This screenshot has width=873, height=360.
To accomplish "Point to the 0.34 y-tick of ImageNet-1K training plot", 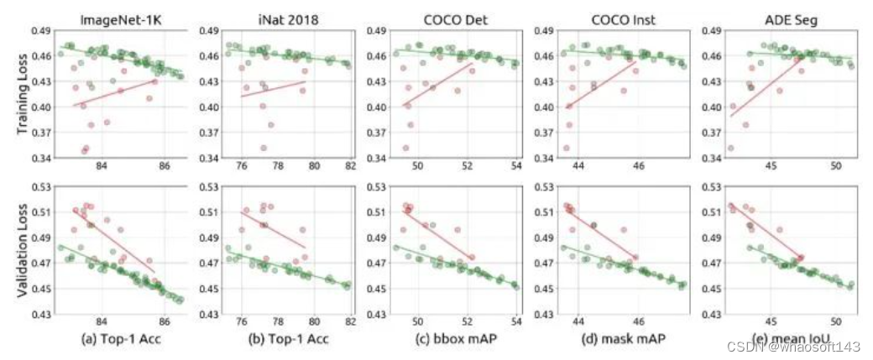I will [x=42, y=158].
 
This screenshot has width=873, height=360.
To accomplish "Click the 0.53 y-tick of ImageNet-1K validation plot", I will [x=42, y=186].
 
